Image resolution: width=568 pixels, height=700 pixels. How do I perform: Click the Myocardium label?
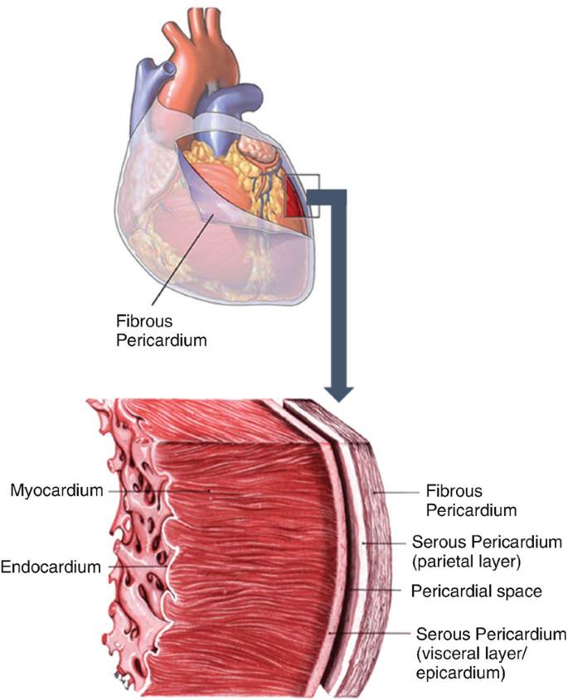click(57, 490)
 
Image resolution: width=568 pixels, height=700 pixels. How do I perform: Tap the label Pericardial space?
click(476, 591)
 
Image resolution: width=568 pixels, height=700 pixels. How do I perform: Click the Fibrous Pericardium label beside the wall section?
click(466, 500)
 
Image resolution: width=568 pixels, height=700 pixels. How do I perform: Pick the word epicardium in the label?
click(463, 674)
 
